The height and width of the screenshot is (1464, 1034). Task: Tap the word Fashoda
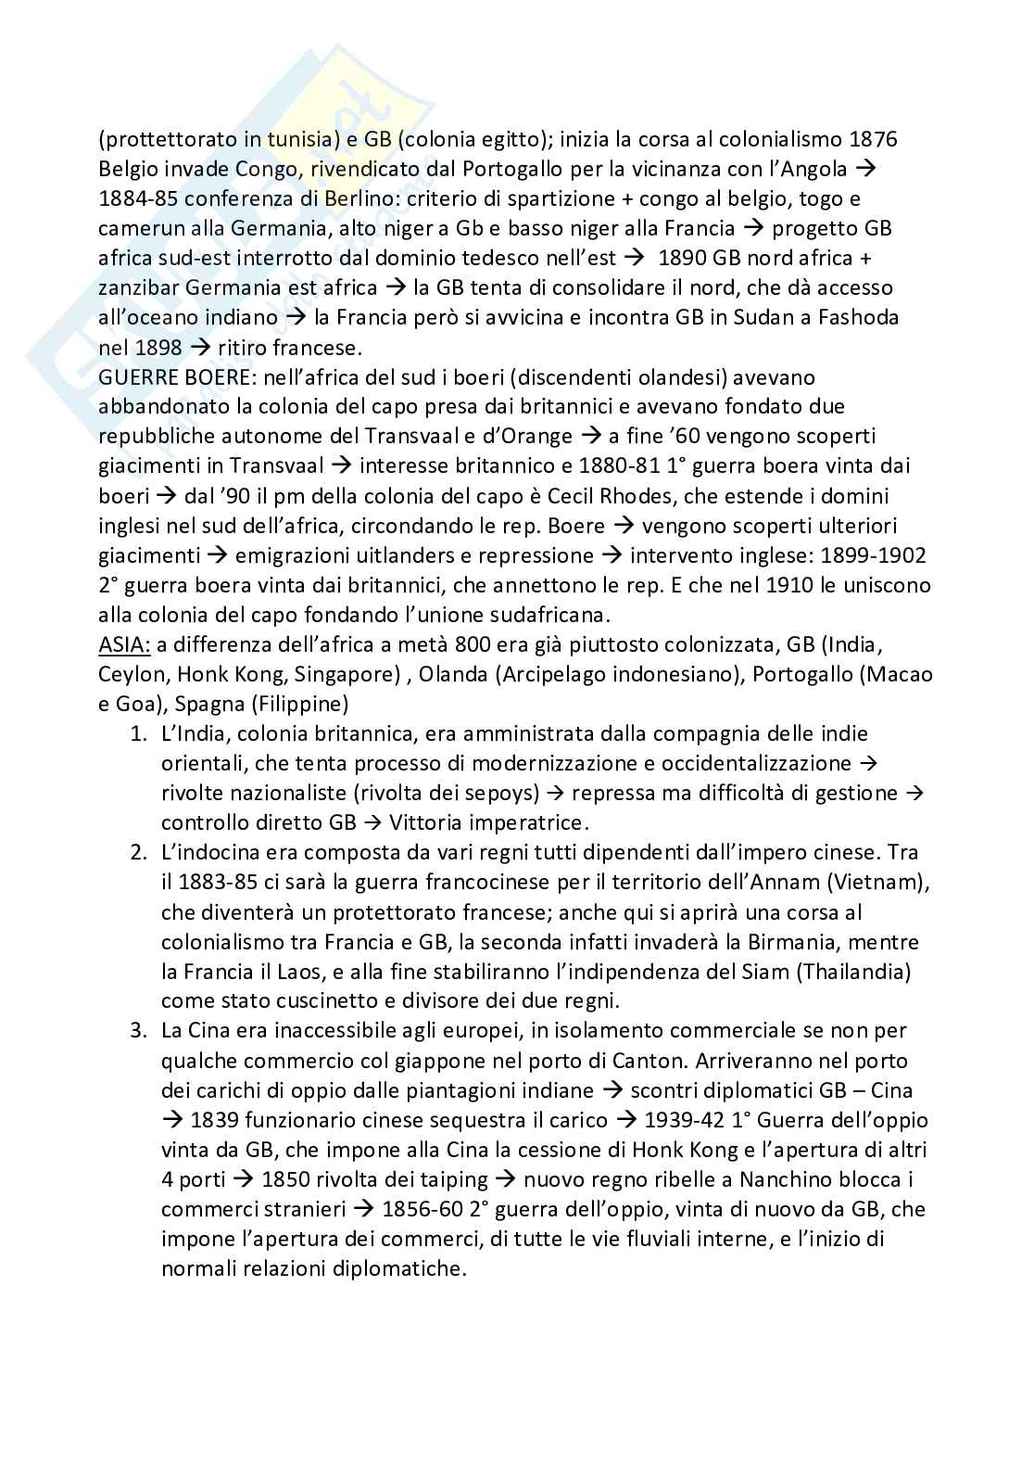[853, 317]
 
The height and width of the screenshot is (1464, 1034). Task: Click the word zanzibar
[139, 287]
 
